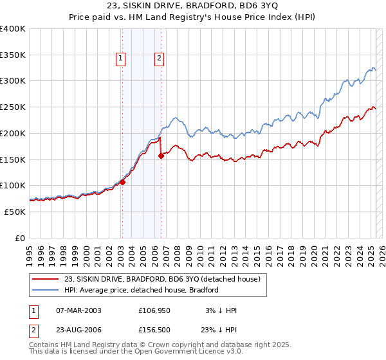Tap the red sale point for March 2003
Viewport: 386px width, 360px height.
pyautogui.click(x=122, y=182)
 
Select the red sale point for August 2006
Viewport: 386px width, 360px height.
pyautogui.click(x=161, y=156)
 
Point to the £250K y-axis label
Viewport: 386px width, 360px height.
pyautogui.click(x=12, y=107)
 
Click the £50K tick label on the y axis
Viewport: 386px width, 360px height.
pyautogui.click(x=14, y=212)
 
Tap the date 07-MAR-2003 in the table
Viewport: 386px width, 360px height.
pyautogui.click(x=79, y=310)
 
